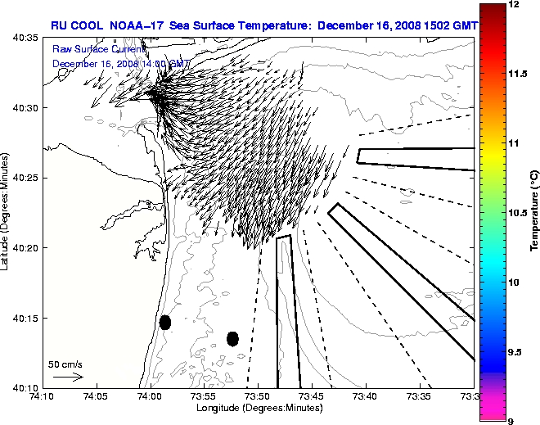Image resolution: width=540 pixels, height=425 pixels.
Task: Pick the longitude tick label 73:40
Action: (x=366, y=397)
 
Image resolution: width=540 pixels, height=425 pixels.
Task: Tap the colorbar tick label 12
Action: (x=515, y=5)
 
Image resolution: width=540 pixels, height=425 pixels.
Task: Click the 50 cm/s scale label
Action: (x=65, y=364)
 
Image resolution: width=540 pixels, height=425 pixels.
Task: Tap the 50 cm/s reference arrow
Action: (x=68, y=377)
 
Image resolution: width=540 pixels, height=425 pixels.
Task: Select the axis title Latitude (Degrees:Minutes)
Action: (x=7, y=213)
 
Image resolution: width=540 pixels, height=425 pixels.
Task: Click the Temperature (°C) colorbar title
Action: (x=534, y=212)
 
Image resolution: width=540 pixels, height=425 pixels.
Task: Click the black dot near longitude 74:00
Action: (x=164, y=322)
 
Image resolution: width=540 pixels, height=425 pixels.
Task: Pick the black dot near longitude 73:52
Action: (x=232, y=338)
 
